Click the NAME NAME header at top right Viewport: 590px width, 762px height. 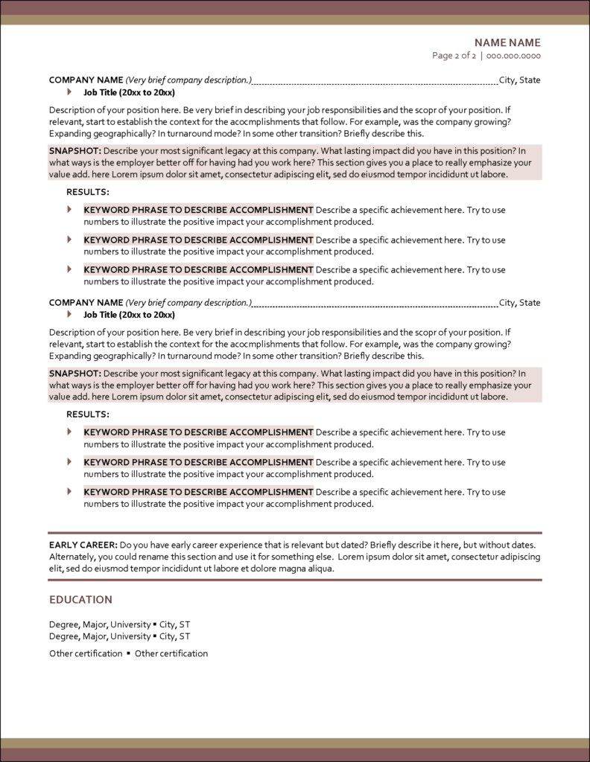pyautogui.click(x=507, y=42)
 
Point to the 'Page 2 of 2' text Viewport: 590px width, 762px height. pyautogui.click(x=454, y=56)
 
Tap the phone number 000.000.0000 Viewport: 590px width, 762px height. pyautogui.click(x=513, y=56)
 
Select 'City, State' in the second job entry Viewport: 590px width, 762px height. pyautogui.click(x=520, y=303)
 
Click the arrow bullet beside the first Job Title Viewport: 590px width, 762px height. pyautogui.click(x=70, y=92)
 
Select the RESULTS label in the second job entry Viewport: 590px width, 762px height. pyautogui.click(x=88, y=414)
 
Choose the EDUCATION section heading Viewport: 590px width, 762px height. pyautogui.click(x=80, y=600)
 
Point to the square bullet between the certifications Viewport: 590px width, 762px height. pyautogui.click(x=129, y=653)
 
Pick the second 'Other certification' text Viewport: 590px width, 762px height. pyautogui.click(x=171, y=653)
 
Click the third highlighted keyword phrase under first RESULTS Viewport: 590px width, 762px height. pyautogui.click(x=198, y=270)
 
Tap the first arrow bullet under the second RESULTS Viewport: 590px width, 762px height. pyautogui.click(x=70, y=432)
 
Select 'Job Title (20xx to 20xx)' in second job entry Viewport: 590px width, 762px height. pyautogui.click(x=129, y=315)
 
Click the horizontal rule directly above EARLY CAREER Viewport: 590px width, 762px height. pyautogui.click(x=295, y=533)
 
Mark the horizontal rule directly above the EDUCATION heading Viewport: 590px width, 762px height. pyautogui.click(x=295, y=579)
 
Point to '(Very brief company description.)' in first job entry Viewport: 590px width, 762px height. pyautogui.click(x=188, y=80)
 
